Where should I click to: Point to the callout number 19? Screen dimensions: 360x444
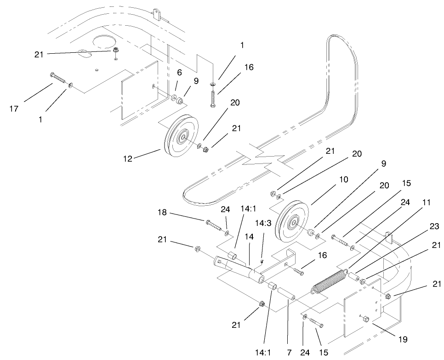403,340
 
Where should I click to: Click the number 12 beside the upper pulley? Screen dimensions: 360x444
127,159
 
